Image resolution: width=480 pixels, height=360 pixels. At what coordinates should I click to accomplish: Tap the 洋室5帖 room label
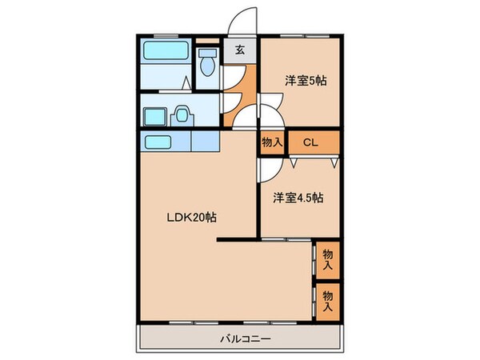click(306, 81)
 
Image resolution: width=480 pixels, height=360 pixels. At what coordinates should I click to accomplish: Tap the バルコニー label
click(246, 338)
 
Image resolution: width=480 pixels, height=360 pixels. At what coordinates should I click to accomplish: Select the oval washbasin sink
click(182, 114)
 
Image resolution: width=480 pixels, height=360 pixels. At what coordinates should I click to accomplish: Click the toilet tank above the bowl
click(207, 51)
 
